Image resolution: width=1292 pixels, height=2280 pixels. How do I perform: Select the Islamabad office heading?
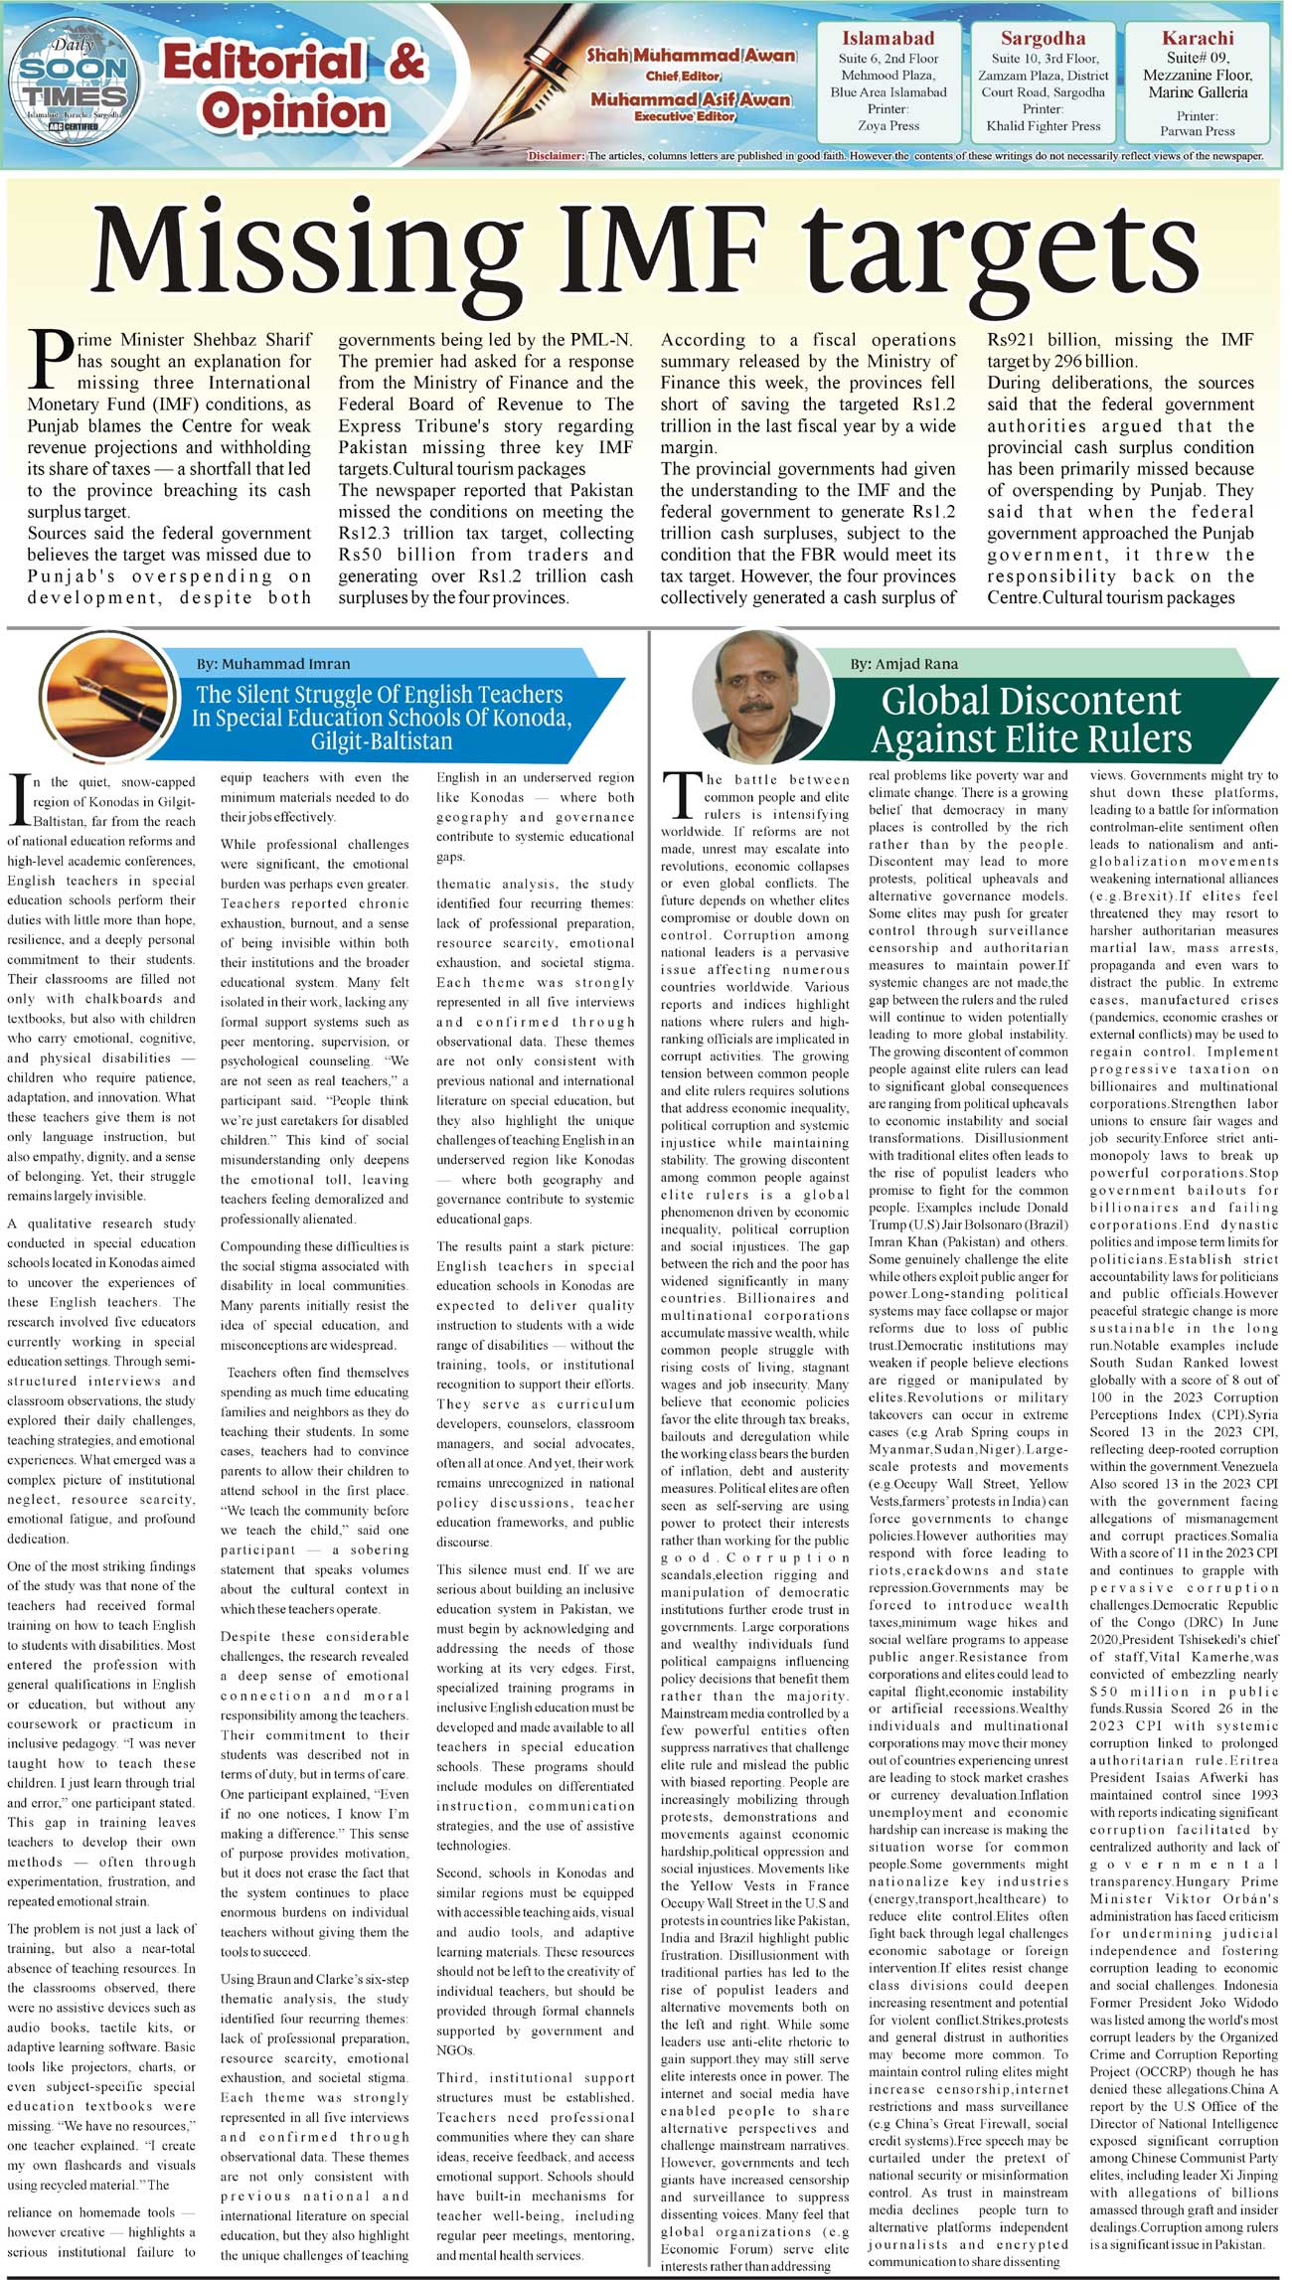pos(888,39)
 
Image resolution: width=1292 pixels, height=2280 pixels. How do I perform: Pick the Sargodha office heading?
pos(1043,39)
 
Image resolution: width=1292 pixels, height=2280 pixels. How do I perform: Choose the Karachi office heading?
pos(1197,38)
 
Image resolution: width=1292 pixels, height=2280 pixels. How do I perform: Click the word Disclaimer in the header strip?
pos(556,156)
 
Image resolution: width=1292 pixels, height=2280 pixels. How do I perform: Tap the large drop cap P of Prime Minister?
pos(50,360)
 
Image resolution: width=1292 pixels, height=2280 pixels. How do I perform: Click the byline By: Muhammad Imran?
pos(272,663)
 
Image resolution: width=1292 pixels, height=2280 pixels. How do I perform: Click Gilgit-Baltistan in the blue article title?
pos(381,741)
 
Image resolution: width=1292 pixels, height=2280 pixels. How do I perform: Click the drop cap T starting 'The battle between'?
pos(681,795)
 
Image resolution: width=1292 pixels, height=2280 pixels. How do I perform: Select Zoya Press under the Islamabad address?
pos(888,126)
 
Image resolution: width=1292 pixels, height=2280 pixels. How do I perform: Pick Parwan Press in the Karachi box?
pos(1197,131)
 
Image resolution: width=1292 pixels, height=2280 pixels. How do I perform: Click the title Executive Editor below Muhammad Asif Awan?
pos(685,116)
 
